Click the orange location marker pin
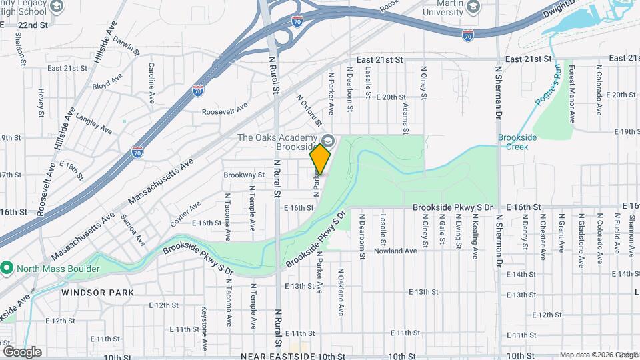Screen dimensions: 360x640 click(320, 159)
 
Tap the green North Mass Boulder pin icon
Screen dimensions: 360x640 click(7, 269)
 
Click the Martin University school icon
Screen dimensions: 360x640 click(473, 7)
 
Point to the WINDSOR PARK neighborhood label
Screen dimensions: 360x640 click(98, 293)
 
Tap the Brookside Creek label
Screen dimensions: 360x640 click(517, 143)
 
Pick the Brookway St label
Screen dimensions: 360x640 click(244, 175)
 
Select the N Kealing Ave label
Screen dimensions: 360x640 click(475, 237)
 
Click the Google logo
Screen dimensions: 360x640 click(22, 352)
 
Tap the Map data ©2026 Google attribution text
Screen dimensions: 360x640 click(598, 355)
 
